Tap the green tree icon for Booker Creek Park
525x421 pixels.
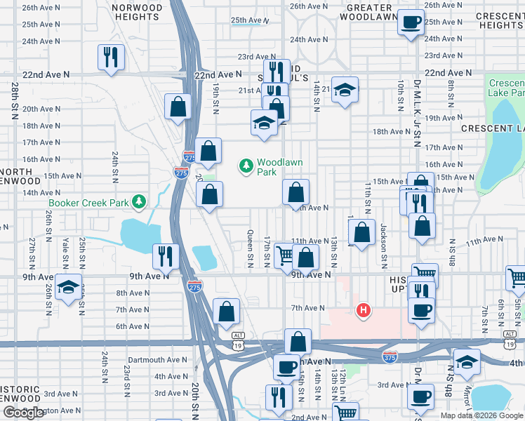coord(139,203)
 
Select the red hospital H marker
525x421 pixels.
coord(363,309)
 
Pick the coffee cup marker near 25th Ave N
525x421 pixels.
coord(411,21)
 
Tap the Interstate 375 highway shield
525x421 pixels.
coord(390,357)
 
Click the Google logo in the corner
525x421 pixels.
coord(23,413)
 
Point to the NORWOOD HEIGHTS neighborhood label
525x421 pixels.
coord(138,12)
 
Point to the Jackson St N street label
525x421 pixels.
coord(384,246)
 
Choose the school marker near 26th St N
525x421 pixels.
coord(68,288)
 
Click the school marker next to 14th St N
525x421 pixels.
coord(344,89)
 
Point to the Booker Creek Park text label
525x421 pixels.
coord(90,203)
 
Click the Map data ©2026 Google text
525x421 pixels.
coord(481,415)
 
